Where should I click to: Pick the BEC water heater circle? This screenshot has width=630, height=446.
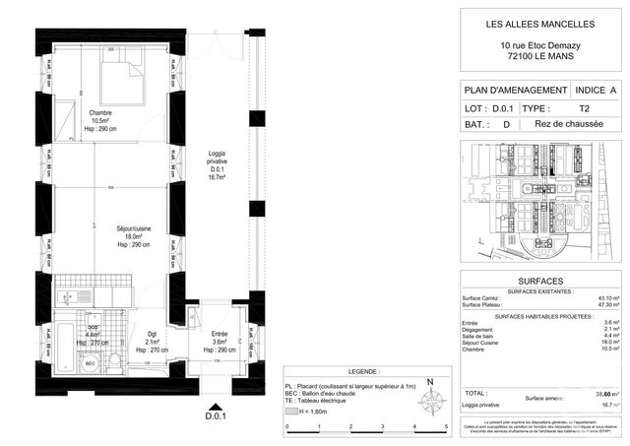[x=90, y=363]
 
